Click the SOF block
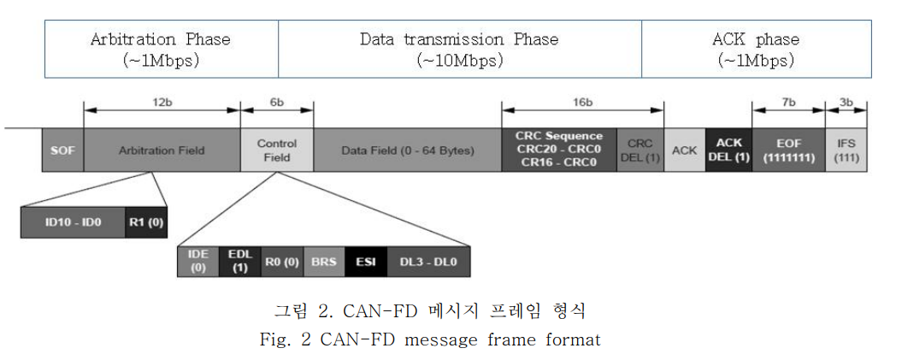tap(62, 150)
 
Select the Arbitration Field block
tap(162, 150)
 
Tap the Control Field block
tap(277, 150)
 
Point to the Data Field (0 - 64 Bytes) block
tap(407, 150)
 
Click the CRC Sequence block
tap(558, 150)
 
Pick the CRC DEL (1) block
tap(640, 150)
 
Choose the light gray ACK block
tap(684, 150)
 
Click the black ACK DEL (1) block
tap(728, 150)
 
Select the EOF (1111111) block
tap(787, 150)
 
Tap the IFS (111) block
tap(847, 150)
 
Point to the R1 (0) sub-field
tap(143, 221)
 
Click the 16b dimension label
tap(583, 101)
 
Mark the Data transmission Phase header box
tap(459, 49)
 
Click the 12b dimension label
tap(162, 101)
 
